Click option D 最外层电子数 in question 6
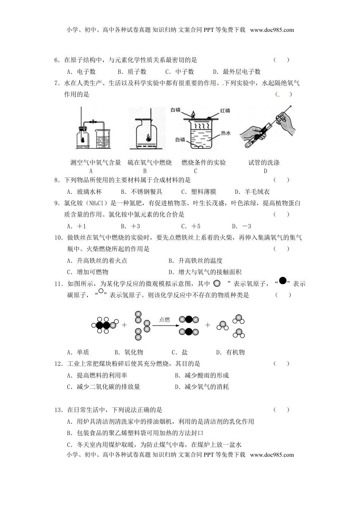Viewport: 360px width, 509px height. click(x=237, y=72)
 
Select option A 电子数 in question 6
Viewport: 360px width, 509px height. click(x=81, y=72)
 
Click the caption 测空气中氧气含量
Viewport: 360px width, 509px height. click(x=96, y=162)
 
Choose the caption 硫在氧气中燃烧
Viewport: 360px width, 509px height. click(x=149, y=162)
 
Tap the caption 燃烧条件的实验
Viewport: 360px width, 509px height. click(x=204, y=162)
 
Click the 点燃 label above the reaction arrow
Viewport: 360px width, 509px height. click(x=164, y=320)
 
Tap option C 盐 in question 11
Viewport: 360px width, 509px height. click(x=180, y=352)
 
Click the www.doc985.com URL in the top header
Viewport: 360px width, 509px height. click(x=272, y=30)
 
